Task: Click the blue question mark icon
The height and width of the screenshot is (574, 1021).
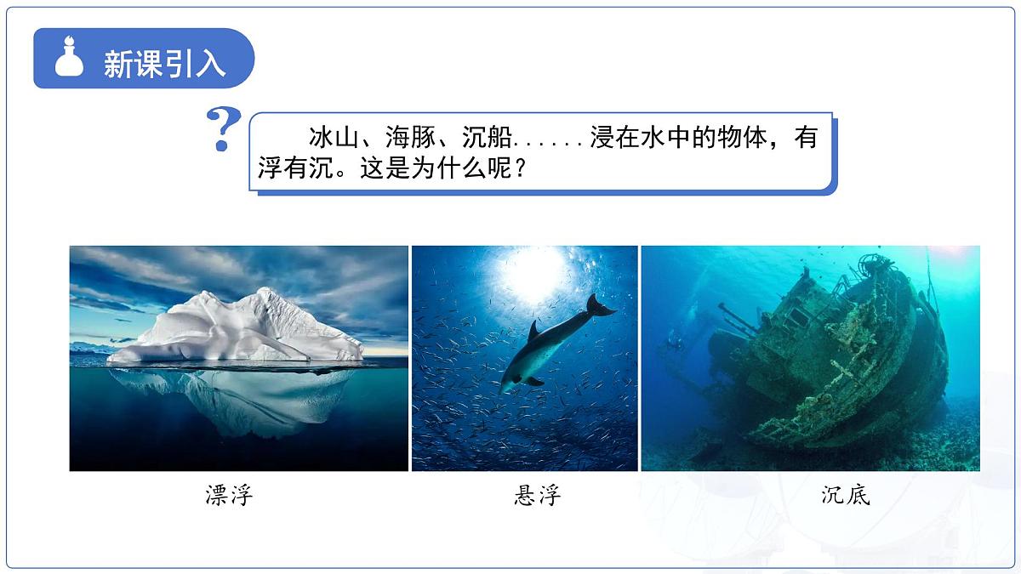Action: [x=223, y=129]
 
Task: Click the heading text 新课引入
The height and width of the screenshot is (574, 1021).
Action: [x=164, y=64]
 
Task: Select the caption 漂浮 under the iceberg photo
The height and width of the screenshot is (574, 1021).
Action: [x=230, y=495]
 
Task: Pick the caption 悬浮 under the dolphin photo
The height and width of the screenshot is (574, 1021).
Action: [x=538, y=495]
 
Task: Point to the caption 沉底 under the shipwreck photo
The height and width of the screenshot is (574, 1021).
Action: [x=846, y=495]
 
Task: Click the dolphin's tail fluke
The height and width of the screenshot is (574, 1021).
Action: [x=600, y=306]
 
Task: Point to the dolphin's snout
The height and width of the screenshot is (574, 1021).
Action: [x=505, y=389]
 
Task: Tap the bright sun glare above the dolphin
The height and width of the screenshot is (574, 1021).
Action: [x=532, y=270]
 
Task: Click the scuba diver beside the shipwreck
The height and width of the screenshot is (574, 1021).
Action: [x=675, y=344]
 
